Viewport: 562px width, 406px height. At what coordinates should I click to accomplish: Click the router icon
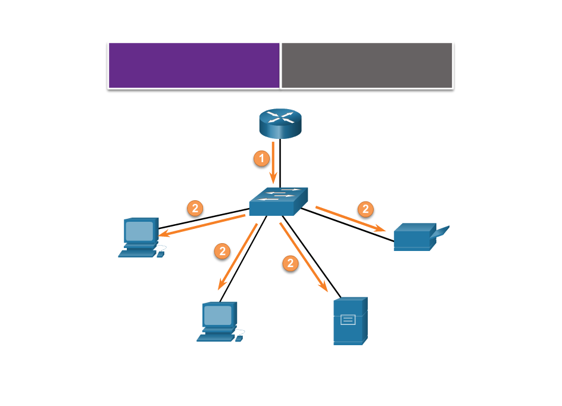(280, 123)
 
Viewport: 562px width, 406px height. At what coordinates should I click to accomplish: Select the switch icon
(278, 202)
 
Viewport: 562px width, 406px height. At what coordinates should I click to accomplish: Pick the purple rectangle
(194, 65)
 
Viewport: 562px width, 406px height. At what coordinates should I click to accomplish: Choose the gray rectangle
(367, 65)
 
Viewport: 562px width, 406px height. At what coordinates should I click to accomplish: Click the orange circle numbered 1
(261, 158)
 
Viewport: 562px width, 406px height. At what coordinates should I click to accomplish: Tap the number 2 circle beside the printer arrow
(366, 209)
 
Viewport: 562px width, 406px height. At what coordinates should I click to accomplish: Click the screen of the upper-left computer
(139, 231)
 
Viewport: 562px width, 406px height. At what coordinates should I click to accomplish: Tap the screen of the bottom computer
(217, 315)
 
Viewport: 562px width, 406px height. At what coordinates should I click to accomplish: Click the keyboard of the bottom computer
(215, 338)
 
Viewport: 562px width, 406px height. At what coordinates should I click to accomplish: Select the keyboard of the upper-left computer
(136, 254)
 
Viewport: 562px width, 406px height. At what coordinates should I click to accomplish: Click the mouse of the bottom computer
(239, 339)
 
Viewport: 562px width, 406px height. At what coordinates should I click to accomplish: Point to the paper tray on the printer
(441, 231)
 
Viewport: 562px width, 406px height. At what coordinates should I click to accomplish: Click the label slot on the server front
(348, 320)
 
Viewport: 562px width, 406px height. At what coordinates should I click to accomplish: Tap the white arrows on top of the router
(280, 116)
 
